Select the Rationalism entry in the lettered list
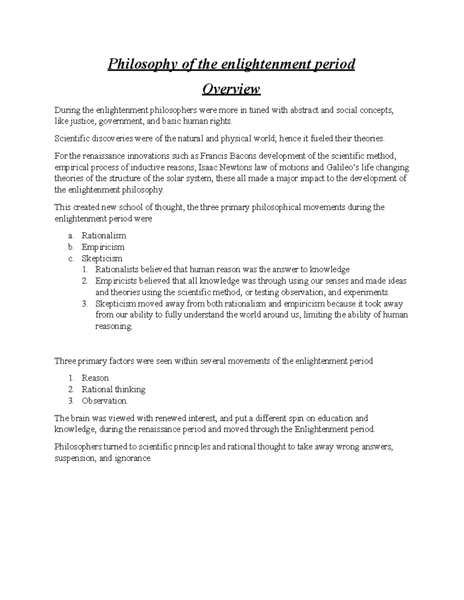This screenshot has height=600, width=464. (x=104, y=236)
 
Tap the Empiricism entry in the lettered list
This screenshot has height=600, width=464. (x=103, y=247)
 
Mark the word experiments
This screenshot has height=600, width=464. (x=370, y=292)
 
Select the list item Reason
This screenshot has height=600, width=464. (x=95, y=378)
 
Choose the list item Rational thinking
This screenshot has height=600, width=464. (x=113, y=389)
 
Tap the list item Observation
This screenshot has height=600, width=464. (x=104, y=401)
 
